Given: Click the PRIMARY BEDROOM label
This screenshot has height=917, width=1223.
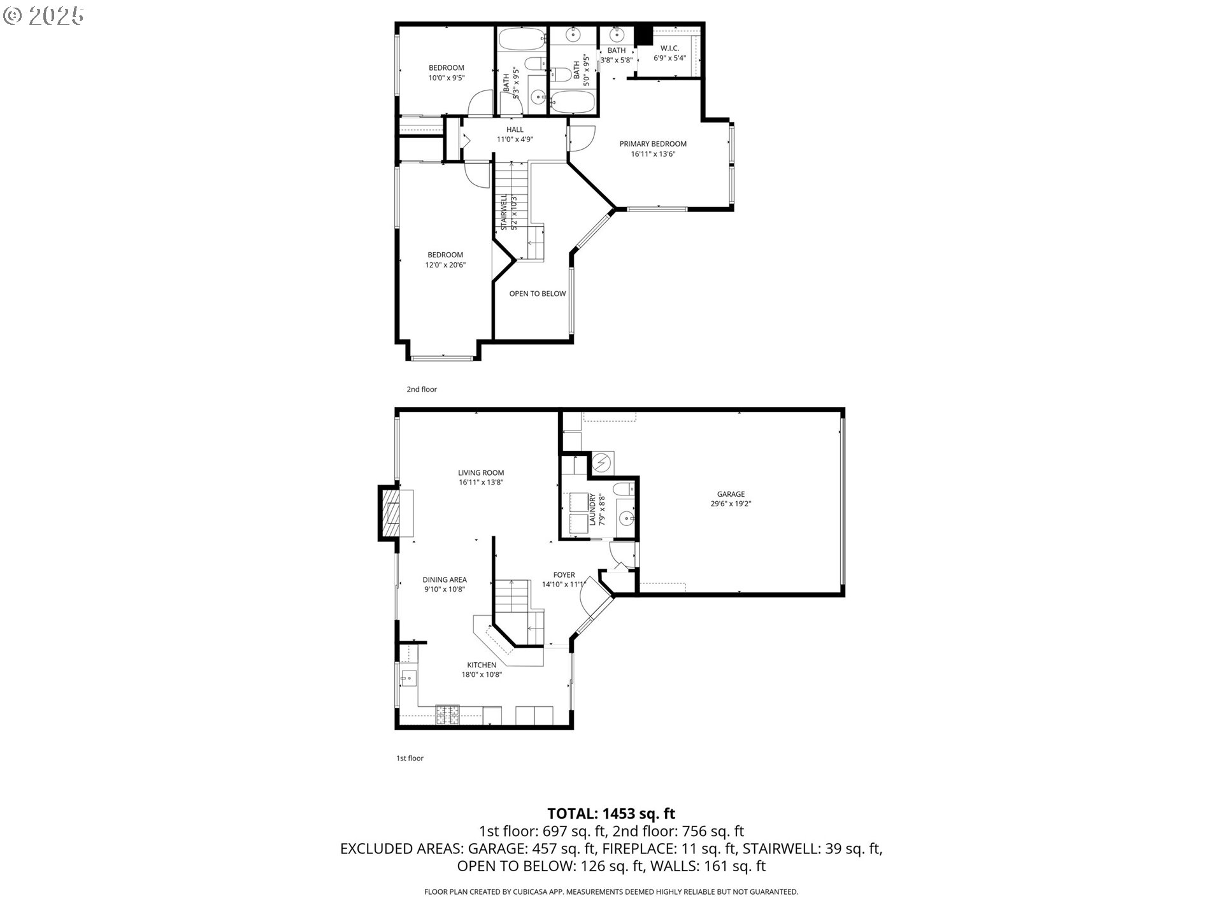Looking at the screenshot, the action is pyautogui.click(x=653, y=144).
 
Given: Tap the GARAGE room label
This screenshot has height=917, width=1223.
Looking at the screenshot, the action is pyautogui.click(x=731, y=494).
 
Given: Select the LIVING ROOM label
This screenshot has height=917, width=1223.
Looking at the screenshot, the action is pyautogui.click(x=481, y=473).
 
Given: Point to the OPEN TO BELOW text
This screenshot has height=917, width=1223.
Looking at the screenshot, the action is pyautogui.click(x=538, y=294).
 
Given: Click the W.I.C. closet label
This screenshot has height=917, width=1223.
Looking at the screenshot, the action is pyautogui.click(x=669, y=48).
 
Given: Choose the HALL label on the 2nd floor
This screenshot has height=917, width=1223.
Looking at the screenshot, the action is pyautogui.click(x=515, y=130).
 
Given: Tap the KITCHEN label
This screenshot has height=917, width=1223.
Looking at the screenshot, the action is pyautogui.click(x=482, y=665).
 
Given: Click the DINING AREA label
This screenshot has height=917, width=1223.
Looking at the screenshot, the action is pyautogui.click(x=445, y=580).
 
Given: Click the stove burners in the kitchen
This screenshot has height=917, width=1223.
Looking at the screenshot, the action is pyautogui.click(x=447, y=714).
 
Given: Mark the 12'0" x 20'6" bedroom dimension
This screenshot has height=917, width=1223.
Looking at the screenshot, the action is pyautogui.click(x=445, y=265).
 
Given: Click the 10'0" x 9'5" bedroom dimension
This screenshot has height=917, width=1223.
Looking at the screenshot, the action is pyautogui.click(x=446, y=78).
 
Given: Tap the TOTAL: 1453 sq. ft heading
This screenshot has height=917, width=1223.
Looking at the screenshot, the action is pyautogui.click(x=611, y=813).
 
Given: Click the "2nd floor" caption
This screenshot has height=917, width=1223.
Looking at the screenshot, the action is pyautogui.click(x=422, y=389).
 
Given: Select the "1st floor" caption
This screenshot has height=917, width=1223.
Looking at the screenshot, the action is pyautogui.click(x=410, y=758).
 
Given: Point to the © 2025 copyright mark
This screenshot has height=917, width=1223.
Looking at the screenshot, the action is pyautogui.click(x=43, y=16).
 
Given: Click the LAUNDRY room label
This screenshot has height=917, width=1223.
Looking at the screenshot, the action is pyautogui.click(x=592, y=509).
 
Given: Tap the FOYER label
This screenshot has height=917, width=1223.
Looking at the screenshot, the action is pyautogui.click(x=564, y=575).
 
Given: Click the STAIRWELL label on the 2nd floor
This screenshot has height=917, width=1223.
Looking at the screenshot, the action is pyautogui.click(x=503, y=212).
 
